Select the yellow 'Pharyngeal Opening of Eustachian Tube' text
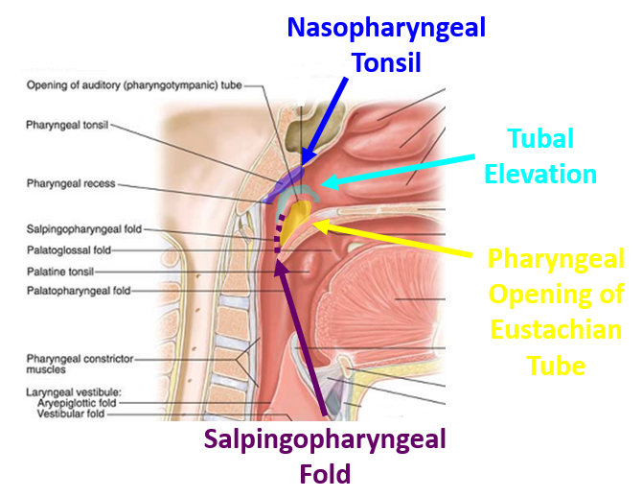pyautogui.click(x=555, y=312)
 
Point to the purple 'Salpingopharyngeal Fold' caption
pyautogui.click(x=324, y=457)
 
